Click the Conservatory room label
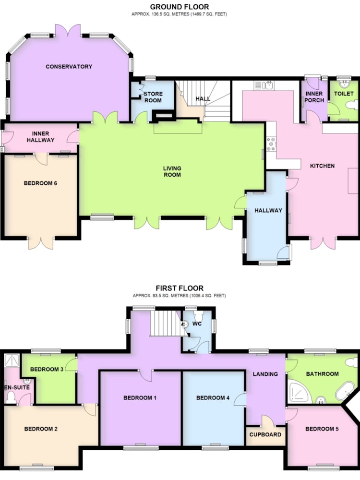click(x=69, y=66)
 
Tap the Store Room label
click(x=153, y=97)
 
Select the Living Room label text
click(x=172, y=171)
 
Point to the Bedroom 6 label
click(x=40, y=183)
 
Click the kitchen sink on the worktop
click(x=264, y=85)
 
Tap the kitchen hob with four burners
click(x=271, y=144)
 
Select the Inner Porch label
click(x=314, y=97)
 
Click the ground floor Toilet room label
click(x=344, y=94)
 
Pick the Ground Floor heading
click(x=180, y=7)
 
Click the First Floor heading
click(x=180, y=288)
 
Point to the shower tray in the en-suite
click(x=12, y=361)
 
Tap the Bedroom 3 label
click(x=47, y=370)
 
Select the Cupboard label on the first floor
click(x=265, y=435)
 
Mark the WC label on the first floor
click(x=197, y=324)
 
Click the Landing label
click(x=265, y=374)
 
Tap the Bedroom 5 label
click(x=322, y=429)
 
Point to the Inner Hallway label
click(x=40, y=137)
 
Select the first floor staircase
click(x=167, y=324)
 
